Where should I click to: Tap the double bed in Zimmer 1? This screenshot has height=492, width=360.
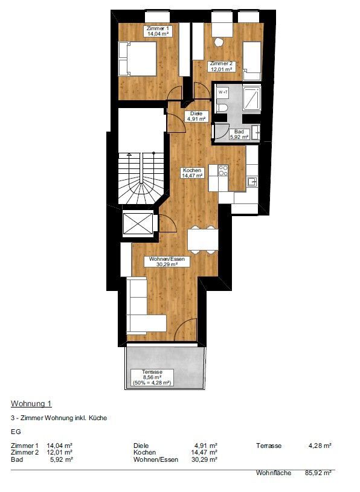coord(138,59)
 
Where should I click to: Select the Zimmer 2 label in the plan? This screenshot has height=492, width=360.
coord(221,66)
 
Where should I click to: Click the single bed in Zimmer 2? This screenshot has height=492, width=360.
coord(252,61)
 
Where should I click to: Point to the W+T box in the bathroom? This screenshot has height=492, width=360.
coord(223,92)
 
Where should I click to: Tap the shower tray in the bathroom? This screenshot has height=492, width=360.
coord(251,98)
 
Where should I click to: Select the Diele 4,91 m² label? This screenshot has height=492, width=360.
coord(196,117)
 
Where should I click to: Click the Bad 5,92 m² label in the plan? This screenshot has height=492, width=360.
coord(239,134)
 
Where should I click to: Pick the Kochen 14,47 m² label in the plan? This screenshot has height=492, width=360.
coord(192,173)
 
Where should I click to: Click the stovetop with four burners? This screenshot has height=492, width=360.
coord(223,170)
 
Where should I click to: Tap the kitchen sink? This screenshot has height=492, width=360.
coord(252,182)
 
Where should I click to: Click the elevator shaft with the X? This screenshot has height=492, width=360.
coord(138,223)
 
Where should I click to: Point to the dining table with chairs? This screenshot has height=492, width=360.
coord(203,240)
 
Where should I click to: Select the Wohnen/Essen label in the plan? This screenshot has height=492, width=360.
coord(167,261)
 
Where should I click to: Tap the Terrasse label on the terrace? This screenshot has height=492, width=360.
coord(152,377)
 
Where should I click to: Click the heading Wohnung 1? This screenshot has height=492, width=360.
coord(31,403)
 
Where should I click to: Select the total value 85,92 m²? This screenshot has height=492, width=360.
coord(318,473)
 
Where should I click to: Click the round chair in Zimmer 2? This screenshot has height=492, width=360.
coord(219,42)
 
